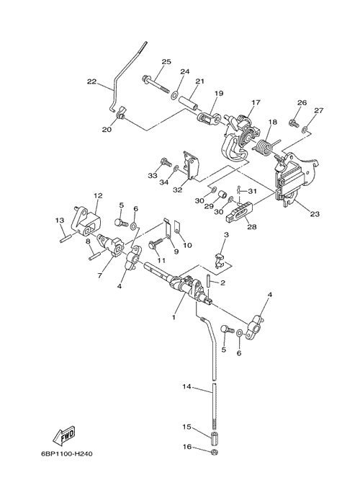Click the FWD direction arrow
pos(65,435)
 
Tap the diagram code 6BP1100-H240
pos(67,453)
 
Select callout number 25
pos(166,61)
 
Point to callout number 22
pos(91,81)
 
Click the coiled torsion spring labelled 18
pos(264,148)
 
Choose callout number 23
pos(315,214)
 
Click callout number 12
pos(98,195)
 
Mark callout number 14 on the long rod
pos(186,386)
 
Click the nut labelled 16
pos(215,452)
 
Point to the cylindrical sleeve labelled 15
pos(215,440)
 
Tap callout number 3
pos(235,235)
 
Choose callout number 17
pos(256,102)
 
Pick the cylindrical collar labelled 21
pos(189,105)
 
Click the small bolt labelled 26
pos(293,123)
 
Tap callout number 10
pos(187,245)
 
